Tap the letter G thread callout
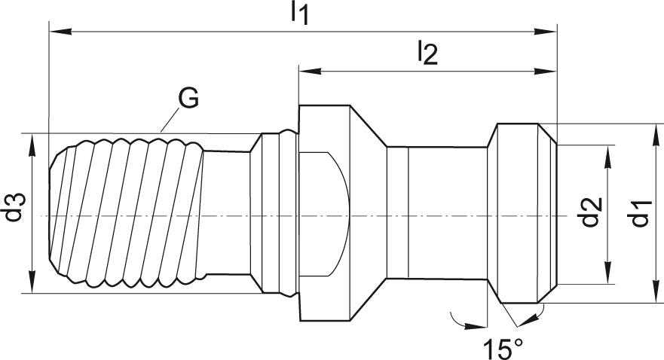tap(188, 97)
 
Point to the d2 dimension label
tap(593, 212)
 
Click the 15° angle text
tap(503, 349)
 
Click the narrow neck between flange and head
tap(437, 215)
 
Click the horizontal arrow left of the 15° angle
tap(471, 325)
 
